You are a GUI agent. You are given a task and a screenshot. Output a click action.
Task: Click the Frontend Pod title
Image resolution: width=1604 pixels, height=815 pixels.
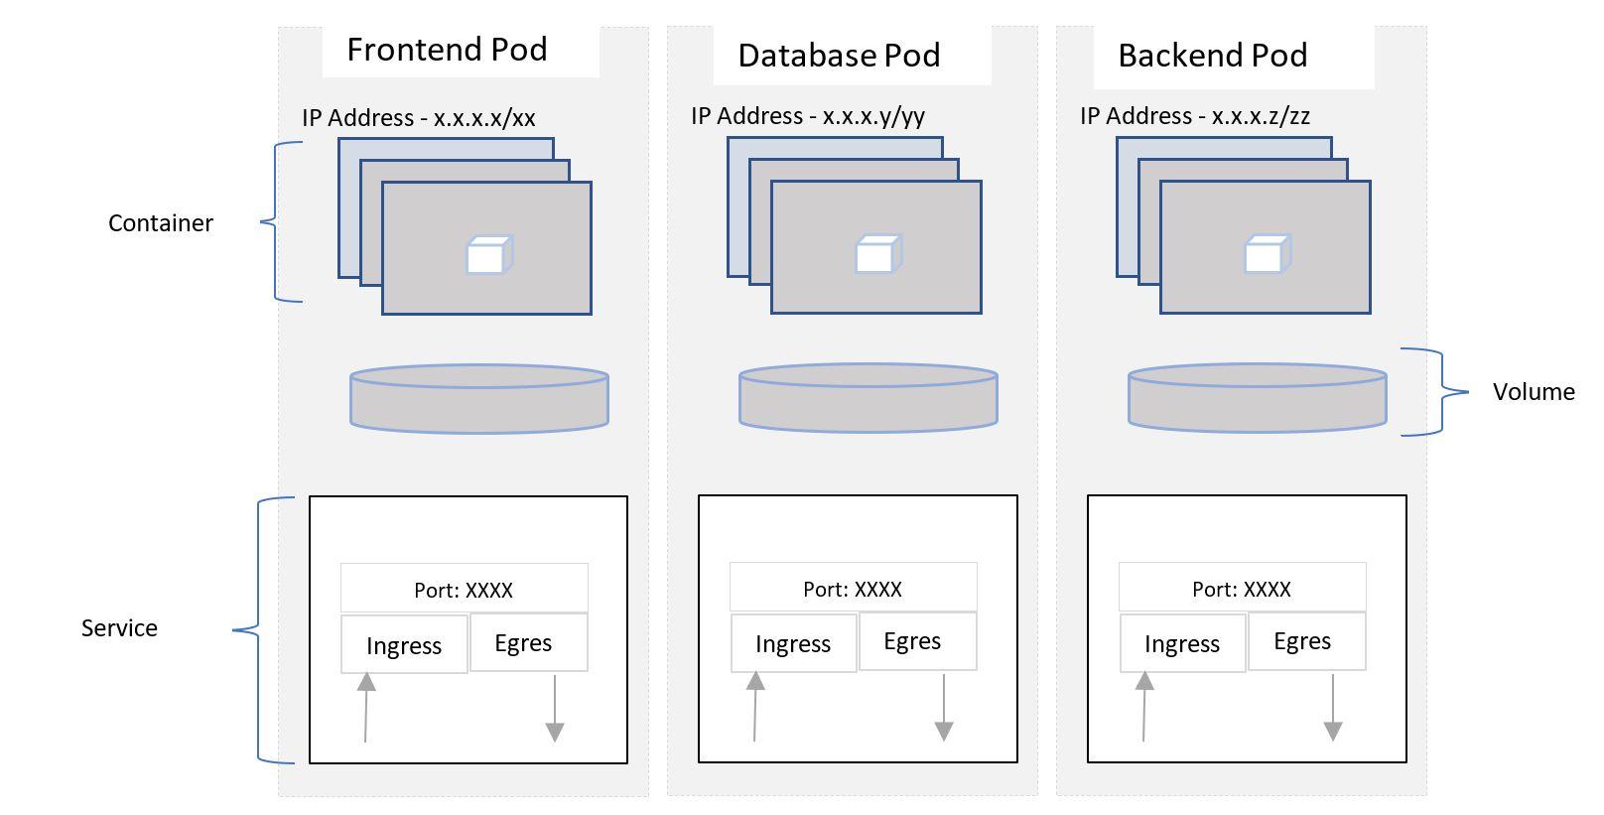pyautogui.click(x=447, y=50)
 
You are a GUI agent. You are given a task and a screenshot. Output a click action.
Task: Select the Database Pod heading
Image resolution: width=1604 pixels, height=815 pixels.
pyautogui.click(x=839, y=56)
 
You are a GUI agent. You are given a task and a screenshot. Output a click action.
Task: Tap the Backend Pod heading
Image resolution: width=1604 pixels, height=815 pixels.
pyautogui.click(x=1212, y=56)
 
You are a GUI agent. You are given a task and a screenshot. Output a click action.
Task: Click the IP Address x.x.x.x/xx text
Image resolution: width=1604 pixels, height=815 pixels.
pyautogui.click(x=418, y=118)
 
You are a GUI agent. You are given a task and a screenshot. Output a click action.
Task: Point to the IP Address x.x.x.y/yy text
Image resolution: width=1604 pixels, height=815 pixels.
pyautogui.click(x=807, y=116)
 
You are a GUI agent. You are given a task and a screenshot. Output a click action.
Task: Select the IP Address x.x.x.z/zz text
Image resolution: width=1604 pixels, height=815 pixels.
pyautogui.click(x=1194, y=116)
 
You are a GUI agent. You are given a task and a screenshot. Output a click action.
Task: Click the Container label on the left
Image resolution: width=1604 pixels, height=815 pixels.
pyautogui.click(x=160, y=223)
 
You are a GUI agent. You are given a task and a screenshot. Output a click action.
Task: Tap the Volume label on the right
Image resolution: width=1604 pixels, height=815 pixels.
pyautogui.click(x=1533, y=392)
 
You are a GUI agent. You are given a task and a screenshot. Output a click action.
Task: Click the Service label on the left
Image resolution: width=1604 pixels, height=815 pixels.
pyautogui.click(x=119, y=628)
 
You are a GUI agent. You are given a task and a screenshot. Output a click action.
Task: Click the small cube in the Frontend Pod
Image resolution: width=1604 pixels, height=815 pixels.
pyautogui.click(x=488, y=255)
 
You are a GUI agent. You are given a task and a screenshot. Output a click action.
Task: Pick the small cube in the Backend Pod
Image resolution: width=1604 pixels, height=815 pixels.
pyautogui.click(x=1267, y=254)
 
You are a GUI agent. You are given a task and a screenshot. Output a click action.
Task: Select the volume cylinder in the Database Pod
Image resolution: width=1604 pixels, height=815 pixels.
pyautogui.click(x=868, y=398)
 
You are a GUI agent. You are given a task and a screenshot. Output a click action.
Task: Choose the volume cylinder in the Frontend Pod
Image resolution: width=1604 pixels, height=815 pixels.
pyautogui.click(x=478, y=399)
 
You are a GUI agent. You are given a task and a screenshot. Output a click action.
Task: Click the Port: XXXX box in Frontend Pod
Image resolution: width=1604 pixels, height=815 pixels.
pyautogui.click(x=464, y=590)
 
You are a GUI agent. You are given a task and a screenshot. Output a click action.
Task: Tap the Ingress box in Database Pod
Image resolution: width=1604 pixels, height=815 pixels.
pyautogui.click(x=792, y=644)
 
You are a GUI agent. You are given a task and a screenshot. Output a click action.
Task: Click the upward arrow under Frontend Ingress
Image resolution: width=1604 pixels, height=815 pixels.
pyautogui.click(x=366, y=707)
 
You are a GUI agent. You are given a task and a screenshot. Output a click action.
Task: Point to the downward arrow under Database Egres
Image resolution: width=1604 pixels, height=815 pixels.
pyautogui.click(x=944, y=707)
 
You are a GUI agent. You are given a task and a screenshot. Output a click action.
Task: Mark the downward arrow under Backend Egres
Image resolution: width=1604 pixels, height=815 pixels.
pyautogui.click(x=1333, y=707)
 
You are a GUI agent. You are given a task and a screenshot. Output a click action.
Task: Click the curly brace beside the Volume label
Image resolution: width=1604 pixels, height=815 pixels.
pyautogui.click(x=1439, y=392)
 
